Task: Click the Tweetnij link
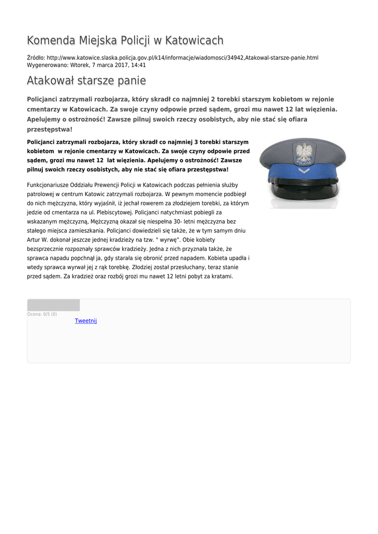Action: (86, 321)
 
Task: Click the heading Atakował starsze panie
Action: (86, 81)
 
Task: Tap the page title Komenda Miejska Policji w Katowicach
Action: (125, 41)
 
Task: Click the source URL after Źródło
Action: (182, 57)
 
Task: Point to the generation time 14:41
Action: (139, 66)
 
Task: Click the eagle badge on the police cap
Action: (303, 153)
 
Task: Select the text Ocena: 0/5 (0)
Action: (42, 314)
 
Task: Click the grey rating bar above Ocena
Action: (53, 305)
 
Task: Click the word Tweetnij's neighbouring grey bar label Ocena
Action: (34, 314)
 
